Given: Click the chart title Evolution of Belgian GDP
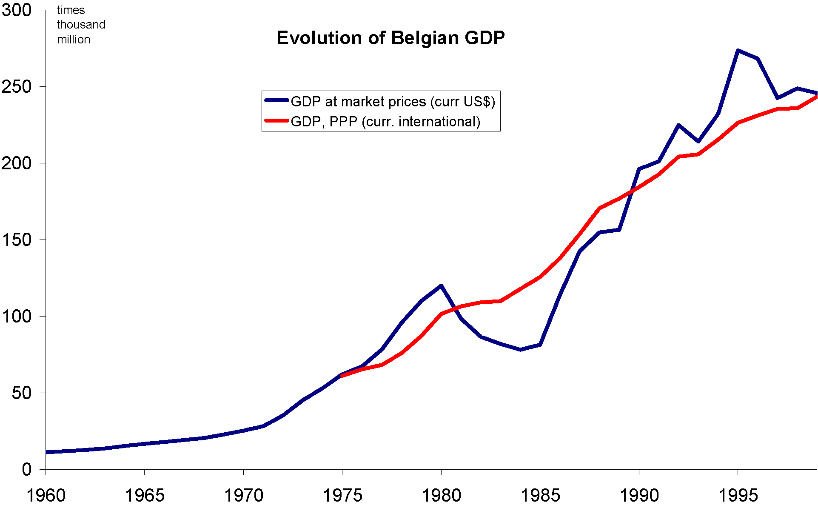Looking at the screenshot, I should [x=390, y=38].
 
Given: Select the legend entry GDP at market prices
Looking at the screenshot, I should [x=393, y=102].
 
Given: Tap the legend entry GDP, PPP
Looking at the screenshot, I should [x=385, y=122].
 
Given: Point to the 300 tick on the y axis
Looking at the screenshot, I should [x=17, y=10].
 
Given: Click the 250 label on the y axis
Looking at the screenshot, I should [x=17, y=86].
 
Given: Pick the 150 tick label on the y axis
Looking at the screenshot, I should [x=17, y=240].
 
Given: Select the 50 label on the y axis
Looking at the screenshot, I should [x=22, y=393].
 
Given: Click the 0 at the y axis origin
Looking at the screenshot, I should [x=27, y=469].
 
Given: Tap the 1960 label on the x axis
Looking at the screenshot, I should [x=46, y=495].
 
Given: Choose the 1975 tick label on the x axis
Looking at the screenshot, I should [x=342, y=495].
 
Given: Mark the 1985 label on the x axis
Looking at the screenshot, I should [x=540, y=495].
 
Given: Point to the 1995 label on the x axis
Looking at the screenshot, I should [x=738, y=495].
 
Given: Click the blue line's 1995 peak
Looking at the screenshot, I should [x=738, y=50].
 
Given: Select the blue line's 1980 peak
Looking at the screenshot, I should [x=441, y=285].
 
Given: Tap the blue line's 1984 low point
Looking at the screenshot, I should [x=520, y=350].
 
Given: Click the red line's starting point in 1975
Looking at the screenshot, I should [x=342, y=376].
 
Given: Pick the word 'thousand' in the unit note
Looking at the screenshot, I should [x=81, y=25].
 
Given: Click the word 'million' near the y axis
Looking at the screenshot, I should [x=74, y=40].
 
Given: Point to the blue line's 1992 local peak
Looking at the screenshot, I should [x=678, y=125].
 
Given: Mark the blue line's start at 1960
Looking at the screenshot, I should [x=46, y=452].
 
